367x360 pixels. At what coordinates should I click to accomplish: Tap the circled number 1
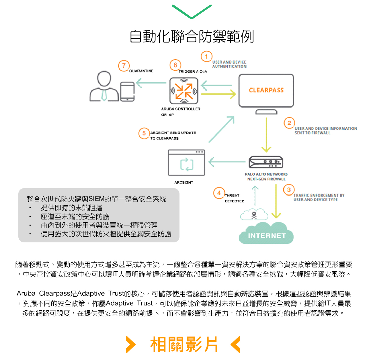point(206,57)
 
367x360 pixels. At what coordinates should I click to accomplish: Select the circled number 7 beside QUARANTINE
point(124,66)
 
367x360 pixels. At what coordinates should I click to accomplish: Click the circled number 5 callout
point(144,133)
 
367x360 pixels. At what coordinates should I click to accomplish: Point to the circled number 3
point(289,190)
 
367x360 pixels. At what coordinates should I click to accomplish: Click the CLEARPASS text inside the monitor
point(266,90)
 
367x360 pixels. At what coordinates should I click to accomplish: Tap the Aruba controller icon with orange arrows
point(184,91)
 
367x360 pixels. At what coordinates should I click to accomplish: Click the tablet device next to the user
point(127,92)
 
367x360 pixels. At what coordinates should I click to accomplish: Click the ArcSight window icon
point(186,162)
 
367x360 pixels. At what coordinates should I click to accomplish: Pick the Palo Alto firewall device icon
point(266,162)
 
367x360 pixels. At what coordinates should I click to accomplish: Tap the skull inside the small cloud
point(254,215)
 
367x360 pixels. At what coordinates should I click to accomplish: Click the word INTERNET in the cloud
point(267,236)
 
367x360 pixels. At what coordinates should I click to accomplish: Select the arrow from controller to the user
point(151,83)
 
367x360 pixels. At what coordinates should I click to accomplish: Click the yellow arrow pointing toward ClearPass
point(218,94)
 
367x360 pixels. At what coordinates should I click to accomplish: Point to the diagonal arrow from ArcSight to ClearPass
point(222,129)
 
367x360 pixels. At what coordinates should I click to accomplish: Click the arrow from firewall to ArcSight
point(227,162)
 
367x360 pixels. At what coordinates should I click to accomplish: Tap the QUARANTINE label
point(141,71)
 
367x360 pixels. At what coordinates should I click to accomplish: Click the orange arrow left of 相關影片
point(131,345)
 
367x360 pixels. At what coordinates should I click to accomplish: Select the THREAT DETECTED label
point(234,198)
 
